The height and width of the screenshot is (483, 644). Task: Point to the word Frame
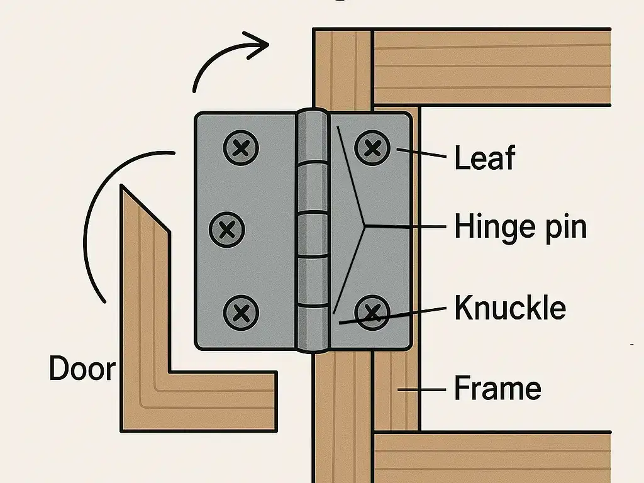[497, 388]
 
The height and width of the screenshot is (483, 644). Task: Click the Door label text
[82, 369]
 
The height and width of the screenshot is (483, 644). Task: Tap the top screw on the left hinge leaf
[241, 148]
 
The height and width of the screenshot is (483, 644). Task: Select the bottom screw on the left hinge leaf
[241, 311]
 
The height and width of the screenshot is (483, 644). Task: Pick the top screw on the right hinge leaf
[372, 148]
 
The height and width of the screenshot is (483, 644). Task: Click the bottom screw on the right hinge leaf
[372, 311]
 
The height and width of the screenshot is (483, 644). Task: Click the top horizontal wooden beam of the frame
[491, 67]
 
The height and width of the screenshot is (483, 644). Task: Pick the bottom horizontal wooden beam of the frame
[491, 457]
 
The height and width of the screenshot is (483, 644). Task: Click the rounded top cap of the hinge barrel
[313, 117]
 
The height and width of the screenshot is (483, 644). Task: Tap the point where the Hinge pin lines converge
[365, 225]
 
